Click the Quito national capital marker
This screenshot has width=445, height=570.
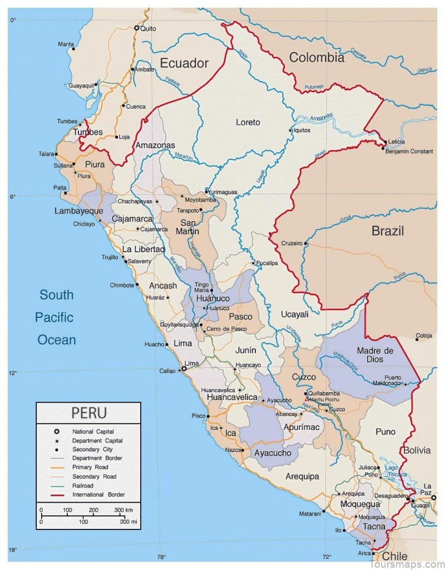tap(137, 28)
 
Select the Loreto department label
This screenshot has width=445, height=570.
tap(248, 122)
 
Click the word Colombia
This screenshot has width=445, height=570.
tap(317, 57)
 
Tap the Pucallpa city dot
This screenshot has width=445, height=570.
tap(253, 263)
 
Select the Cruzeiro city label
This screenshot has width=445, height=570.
tap(291, 243)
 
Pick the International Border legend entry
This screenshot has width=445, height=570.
tap(98, 494)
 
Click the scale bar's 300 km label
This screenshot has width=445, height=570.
tap(123, 510)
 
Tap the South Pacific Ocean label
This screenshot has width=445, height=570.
tap(56, 317)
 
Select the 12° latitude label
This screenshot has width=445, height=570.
tap(12, 373)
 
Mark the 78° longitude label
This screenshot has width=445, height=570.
tap(161, 557)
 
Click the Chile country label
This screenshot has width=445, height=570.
tap(394, 556)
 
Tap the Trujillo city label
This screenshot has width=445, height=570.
tap(110, 257)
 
